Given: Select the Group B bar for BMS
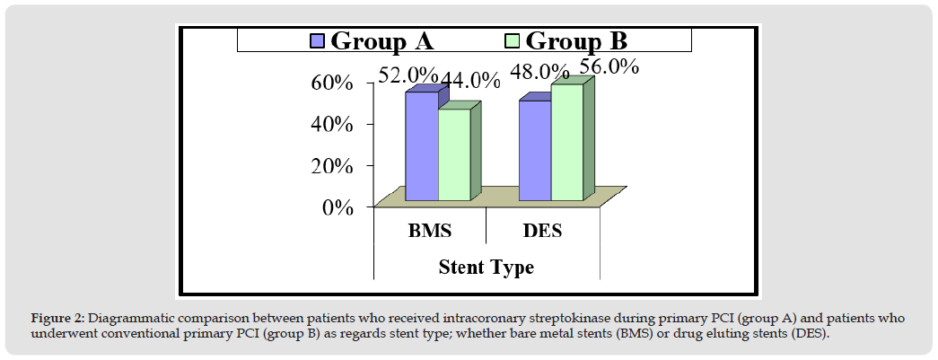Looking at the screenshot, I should pyautogui.click(x=453, y=154).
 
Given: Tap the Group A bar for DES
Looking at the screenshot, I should pyautogui.click(x=534, y=150).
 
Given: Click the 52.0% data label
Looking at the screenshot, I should pyautogui.click(x=408, y=75).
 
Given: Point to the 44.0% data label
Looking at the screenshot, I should pyautogui.click(x=469, y=80).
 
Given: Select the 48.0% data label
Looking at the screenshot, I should pyautogui.click(x=540, y=72).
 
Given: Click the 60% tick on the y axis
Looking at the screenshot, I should pyautogui.click(x=331, y=83).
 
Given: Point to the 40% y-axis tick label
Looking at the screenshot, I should pyautogui.click(x=331, y=124).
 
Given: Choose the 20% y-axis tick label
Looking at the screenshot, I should pyautogui.click(x=331, y=166).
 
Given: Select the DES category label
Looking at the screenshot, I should pyautogui.click(x=542, y=232).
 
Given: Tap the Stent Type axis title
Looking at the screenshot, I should pyautogui.click(x=486, y=267).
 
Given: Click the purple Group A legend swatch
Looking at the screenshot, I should pyautogui.click(x=317, y=40).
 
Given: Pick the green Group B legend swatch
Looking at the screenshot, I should pyautogui.click(x=512, y=40).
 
